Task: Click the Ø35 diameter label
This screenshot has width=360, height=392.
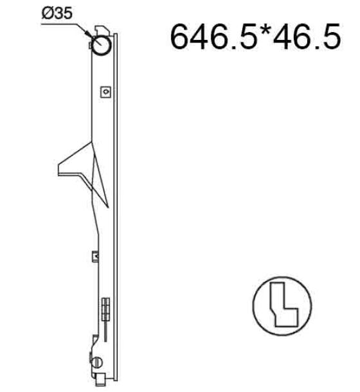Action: coord(57,13)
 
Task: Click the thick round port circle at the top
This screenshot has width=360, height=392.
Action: coord(101,45)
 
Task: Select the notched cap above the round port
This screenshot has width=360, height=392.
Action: coord(102,31)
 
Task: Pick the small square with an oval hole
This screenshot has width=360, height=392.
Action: coord(105,92)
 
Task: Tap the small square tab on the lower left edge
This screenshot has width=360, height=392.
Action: coord(95,256)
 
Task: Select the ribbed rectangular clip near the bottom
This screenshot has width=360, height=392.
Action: coord(105,310)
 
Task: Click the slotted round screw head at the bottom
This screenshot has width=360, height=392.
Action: coord(98,362)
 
